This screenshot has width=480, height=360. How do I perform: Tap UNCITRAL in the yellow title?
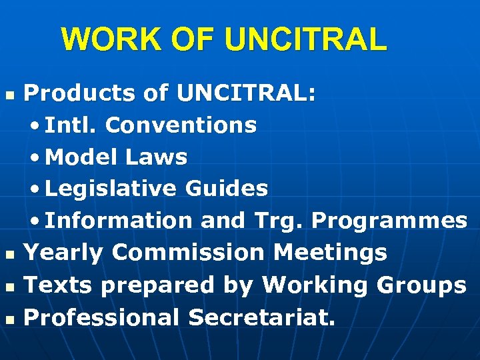(x=305, y=39)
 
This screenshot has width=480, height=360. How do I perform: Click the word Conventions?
(x=181, y=125)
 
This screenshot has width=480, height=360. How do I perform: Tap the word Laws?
(x=155, y=157)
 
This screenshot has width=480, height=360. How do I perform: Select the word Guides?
(x=227, y=189)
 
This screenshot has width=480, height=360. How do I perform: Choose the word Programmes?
(x=389, y=221)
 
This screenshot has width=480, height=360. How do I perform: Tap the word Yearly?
(x=63, y=253)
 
